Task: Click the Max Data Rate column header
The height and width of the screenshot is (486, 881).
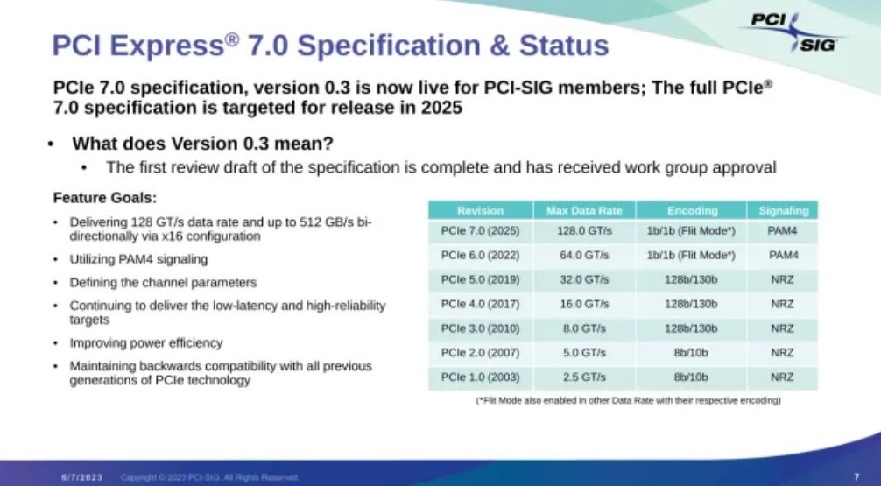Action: point(583,210)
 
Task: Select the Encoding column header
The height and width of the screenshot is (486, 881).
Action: point(692,210)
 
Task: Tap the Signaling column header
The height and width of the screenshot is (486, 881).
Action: point(783,210)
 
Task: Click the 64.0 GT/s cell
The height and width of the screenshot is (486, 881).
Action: point(583,256)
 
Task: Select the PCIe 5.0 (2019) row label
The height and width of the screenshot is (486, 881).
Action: point(480,280)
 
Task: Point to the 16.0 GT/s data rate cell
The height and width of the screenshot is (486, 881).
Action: point(583,304)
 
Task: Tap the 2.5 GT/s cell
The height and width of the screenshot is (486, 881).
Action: point(583,377)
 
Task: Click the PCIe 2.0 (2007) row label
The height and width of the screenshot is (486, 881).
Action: point(480,353)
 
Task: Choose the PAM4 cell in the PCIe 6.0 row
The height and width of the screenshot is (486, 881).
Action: point(783,256)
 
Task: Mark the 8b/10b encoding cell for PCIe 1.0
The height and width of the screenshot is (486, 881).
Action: point(692,377)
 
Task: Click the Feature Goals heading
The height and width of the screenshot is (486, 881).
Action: point(105,197)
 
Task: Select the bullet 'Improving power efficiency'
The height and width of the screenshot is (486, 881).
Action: point(146,342)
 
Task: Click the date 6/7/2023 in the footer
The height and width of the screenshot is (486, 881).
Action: point(82,476)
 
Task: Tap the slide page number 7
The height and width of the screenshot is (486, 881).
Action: point(856,476)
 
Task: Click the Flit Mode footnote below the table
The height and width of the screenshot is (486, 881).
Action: point(628,401)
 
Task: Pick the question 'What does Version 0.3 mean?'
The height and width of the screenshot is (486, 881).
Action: point(202,144)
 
